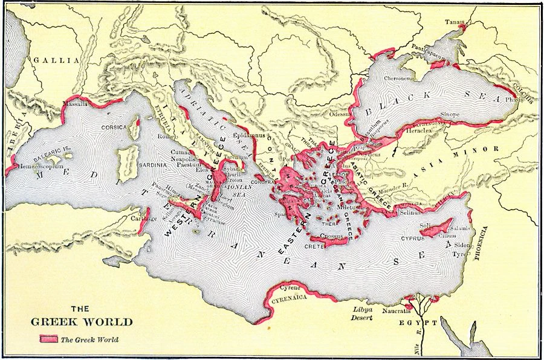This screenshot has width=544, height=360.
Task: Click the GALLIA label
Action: point(56,60)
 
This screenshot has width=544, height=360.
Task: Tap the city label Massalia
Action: point(75,104)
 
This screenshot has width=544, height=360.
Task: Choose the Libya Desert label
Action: point(360,312)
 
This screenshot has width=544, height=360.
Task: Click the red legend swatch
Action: point(48,339)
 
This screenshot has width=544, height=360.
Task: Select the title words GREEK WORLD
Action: point(82,321)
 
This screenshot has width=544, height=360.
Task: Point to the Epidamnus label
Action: point(249,136)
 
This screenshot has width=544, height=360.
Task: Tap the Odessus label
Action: point(340,113)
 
